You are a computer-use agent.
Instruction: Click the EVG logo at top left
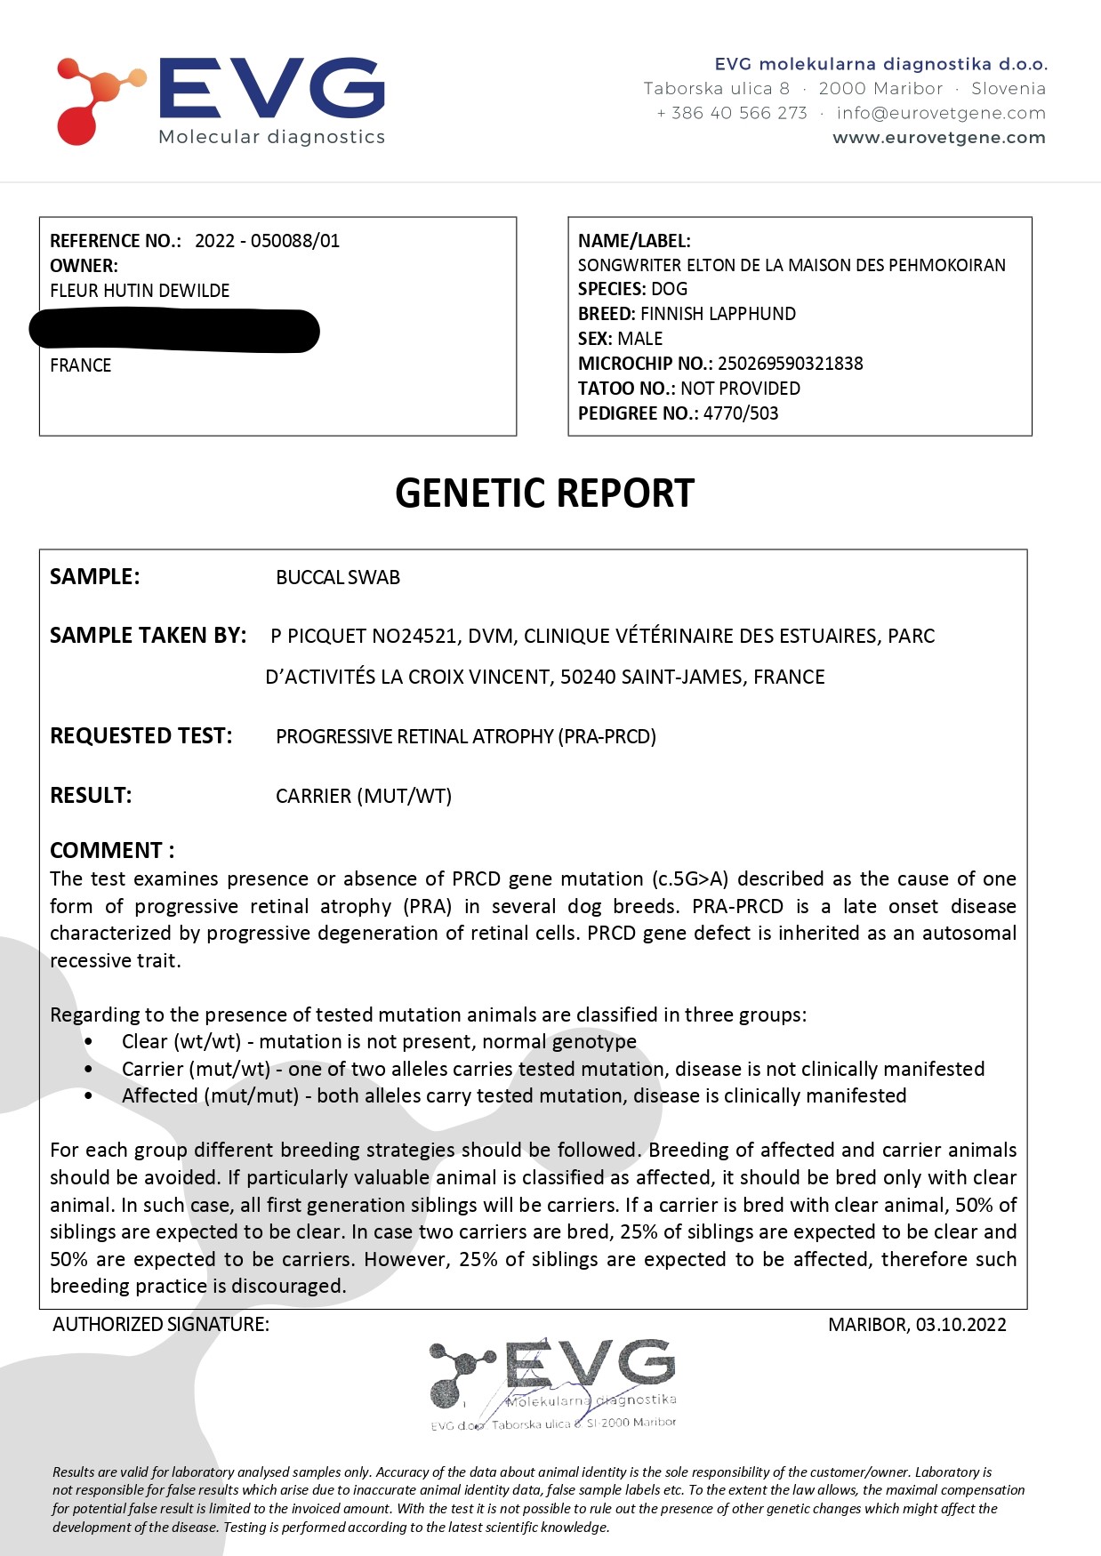221,100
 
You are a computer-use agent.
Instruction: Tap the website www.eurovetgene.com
938,138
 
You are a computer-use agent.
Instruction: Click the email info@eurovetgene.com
940,113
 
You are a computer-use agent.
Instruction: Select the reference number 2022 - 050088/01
267,241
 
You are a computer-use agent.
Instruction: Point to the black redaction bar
174,330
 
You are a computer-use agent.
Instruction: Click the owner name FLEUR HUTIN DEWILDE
140,291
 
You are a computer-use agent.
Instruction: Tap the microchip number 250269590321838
790,364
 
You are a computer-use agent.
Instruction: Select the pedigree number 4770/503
740,413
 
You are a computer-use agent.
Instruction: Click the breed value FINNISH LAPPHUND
718,314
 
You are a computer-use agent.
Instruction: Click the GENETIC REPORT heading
544,493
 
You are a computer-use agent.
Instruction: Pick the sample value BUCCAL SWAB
338,578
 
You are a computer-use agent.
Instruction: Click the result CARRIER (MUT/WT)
364,796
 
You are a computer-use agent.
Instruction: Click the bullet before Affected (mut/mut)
89,1095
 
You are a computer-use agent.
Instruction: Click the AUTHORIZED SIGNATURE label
161,1325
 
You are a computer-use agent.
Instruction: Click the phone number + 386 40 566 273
731,113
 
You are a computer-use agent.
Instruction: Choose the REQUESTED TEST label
141,736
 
